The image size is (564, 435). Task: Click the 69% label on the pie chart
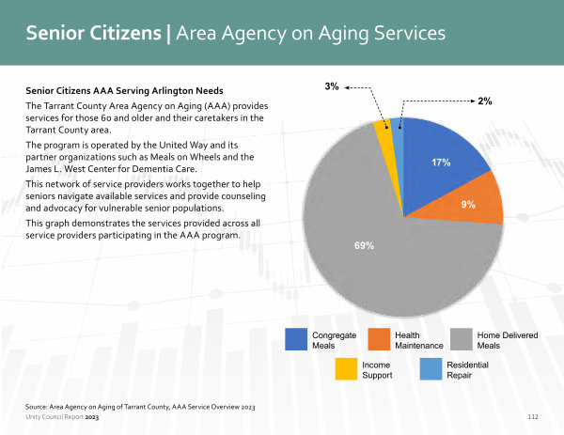[364, 245]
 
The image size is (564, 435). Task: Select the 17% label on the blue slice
[441, 163]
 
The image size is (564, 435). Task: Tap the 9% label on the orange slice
[468, 205]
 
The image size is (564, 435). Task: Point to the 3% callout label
[332, 86]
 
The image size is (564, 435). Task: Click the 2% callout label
[485, 101]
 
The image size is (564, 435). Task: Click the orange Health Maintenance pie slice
[471, 201]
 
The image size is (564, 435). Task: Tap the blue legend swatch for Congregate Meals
[296, 339]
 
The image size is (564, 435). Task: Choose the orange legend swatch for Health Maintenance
[379, 339]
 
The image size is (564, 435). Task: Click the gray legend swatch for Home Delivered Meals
[462, 339]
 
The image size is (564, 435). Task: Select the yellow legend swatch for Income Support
[346, 369]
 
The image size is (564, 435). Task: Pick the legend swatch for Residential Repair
[431, 369]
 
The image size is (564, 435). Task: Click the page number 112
[533, 416]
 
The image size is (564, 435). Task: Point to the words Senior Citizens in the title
[93, 33]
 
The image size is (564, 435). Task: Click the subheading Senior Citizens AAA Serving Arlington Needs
[124, 90]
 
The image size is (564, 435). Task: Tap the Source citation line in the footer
[140, 407]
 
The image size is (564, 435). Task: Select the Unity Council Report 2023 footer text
[62, 417]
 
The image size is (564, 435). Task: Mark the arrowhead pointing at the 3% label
[347, 87]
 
